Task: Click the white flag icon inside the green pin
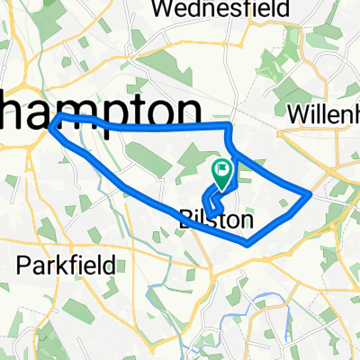221,167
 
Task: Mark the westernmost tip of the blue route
51,121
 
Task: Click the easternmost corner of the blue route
310,193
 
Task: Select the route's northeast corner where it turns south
227,128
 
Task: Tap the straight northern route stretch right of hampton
162,128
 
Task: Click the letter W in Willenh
295,115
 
